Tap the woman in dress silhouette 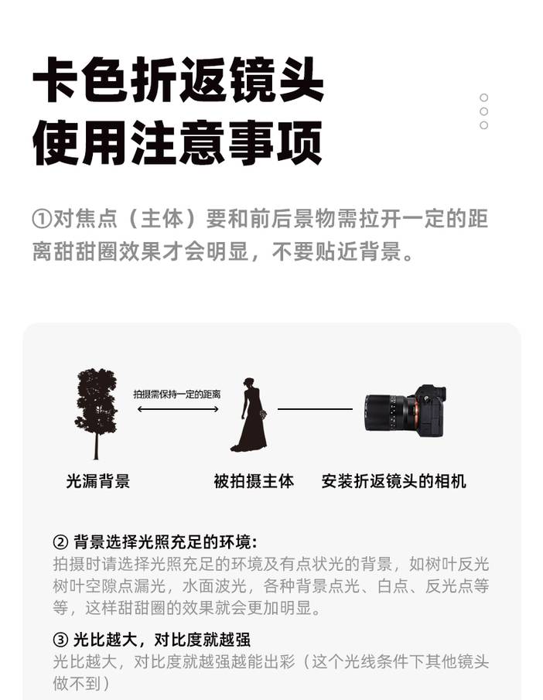point(250,415)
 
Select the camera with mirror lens point(405,411)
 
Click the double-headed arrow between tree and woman point(178,409)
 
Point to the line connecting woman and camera point(315,409)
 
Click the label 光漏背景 point(97,481)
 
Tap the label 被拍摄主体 point(254,481)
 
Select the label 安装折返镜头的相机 point(394,481)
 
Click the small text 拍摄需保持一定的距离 point(177,394)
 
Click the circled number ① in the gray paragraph point(42,219)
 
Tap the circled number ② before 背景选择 point(60,542)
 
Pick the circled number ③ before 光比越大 point(60,640)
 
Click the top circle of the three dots point(483,97)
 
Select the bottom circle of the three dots point(483,125)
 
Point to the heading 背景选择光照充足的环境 point(165,542)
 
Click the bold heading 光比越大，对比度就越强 point(162,640)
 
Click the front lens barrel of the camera point(380,412)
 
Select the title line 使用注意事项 point(178,143)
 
